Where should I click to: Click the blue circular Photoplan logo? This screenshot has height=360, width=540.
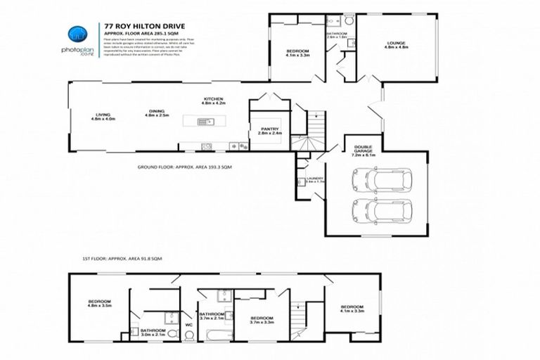click(x=75, y=34)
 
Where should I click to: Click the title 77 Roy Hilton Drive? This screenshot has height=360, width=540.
click(x=134, y=26)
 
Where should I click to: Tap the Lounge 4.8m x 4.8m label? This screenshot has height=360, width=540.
click(x=395, y=46)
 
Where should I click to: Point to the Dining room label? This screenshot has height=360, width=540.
click(x=156, y=113)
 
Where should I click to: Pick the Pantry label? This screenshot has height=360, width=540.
click(x=269, y=131)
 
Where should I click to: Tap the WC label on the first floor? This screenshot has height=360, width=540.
click(x=188, y=324)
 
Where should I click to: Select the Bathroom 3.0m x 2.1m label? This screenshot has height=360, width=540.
click(x=153, y=331)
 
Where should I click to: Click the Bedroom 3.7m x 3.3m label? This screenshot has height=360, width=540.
click(x=263, y=320)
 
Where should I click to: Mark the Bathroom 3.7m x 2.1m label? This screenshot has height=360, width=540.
click(x=211, y=316)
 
